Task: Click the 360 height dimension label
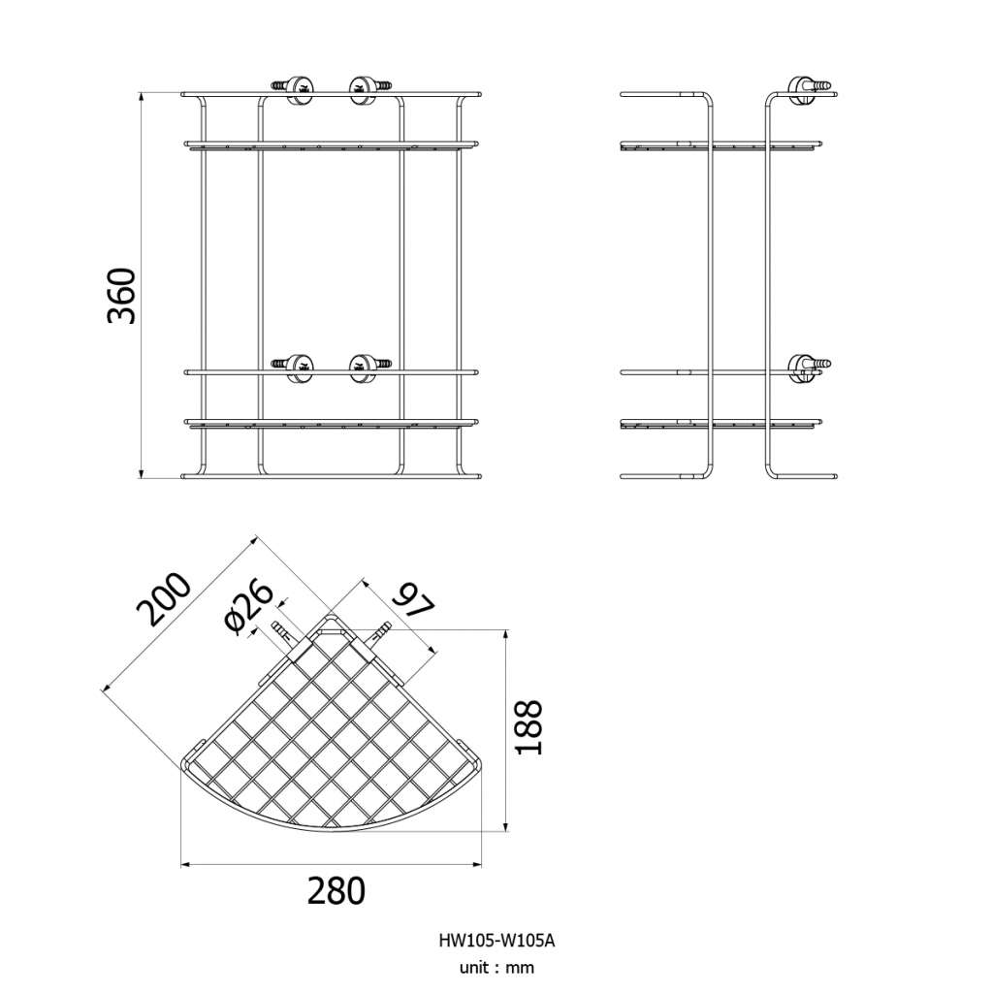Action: [x=121, y=296]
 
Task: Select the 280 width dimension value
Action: [x=336, y=890]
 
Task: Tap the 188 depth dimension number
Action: [x=529, y=727]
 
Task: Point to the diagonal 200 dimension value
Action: [x=163, y=598]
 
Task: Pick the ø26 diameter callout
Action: [x=249, y=607]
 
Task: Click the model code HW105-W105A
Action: [x=496, y=941]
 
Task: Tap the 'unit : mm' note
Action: [x=496, y=968]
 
